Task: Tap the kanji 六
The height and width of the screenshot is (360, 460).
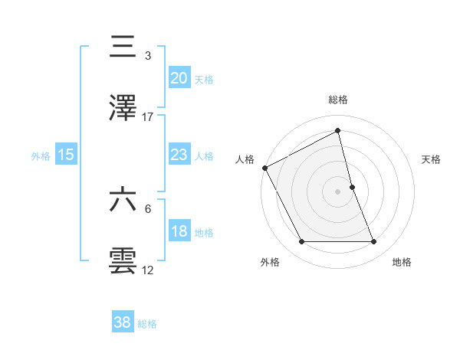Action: tap(123, 200)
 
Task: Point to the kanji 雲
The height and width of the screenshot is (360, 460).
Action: tap(123, 260)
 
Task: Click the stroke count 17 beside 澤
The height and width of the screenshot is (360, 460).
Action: tap(148, 117)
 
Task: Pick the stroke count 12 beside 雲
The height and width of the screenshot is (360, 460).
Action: tap(148, 270)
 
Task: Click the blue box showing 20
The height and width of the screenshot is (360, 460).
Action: tap(179, 78)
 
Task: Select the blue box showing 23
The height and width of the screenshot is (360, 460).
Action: tap(179, 155)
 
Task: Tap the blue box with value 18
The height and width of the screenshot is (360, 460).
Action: tap(179, 231)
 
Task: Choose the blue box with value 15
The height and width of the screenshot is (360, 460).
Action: tap(66, 155)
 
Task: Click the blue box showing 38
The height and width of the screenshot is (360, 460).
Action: tap(123, 322)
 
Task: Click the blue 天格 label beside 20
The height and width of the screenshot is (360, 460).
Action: tap(204, 80)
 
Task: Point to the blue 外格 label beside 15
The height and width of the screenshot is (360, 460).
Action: tap(41, 156)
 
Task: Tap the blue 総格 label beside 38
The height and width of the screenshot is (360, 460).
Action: tap(147, 324)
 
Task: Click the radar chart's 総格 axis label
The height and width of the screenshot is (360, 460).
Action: tap(338, 100)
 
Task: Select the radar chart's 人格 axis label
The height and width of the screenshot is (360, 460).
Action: tap(245, 159)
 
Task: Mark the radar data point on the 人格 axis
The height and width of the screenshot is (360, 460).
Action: tap(264, 168)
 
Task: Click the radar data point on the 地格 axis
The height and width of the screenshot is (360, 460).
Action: tap(374, 242)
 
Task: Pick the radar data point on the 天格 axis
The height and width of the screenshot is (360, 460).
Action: tap(352, 187)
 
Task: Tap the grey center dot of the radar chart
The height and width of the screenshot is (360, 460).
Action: tap(338, 191)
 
